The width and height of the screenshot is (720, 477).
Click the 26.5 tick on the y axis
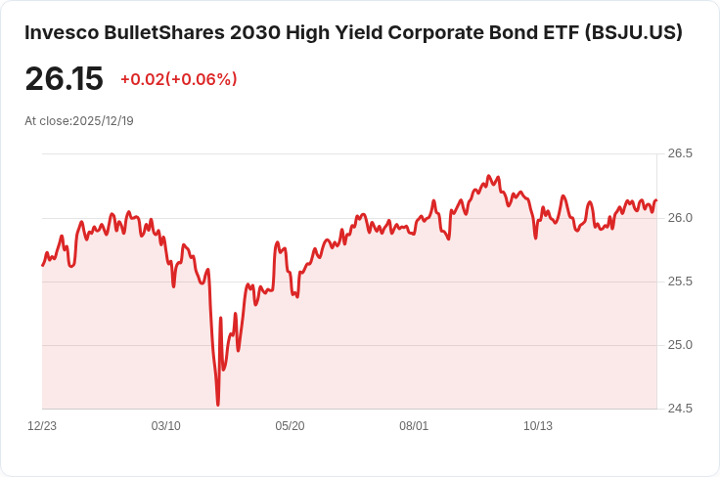pos(680,153)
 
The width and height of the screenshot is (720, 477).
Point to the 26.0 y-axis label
pos(680,217)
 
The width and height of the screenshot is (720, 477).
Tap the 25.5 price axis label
pos(680,282)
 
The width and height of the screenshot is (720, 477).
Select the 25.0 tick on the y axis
pos(680,345)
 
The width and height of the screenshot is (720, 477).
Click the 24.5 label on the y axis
pos(680,409)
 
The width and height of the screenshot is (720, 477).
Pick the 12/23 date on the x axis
pos(42,426)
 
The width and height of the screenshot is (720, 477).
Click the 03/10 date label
pos(166,426)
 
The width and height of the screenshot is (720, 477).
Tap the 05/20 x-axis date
pos(290,426)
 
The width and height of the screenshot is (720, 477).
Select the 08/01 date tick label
pos(414,426)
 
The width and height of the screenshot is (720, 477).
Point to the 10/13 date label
pos(538,426)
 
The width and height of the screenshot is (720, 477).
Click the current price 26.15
pos(64,79)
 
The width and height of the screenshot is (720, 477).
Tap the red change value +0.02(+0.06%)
pos(178,79)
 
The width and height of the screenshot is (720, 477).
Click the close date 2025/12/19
pos(104,121)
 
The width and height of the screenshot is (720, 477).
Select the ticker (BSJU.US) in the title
pos(633,32)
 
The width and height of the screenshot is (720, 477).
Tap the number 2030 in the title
pos(257,32)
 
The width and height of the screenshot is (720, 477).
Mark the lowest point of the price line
pos(218,405)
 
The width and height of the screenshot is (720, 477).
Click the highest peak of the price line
pos(489,176)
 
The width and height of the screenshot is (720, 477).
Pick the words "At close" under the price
pos(47,121)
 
